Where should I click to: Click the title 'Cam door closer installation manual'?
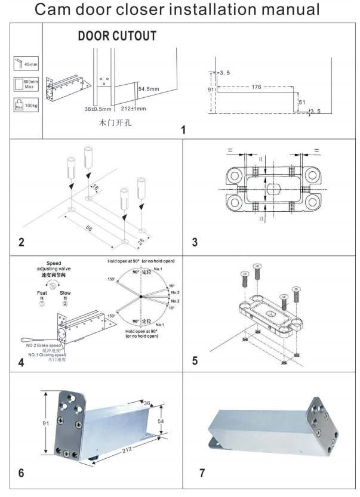[x=180, y=11]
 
